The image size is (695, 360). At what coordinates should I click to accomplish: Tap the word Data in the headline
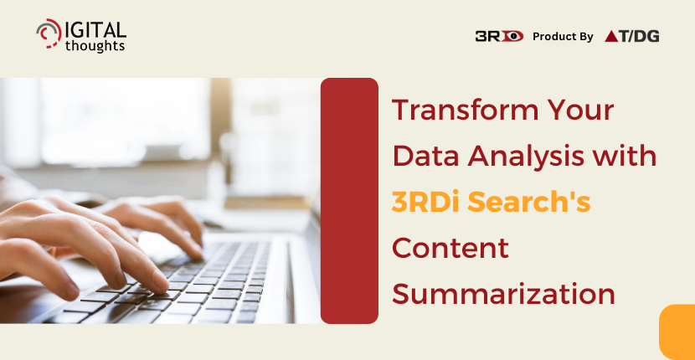[x=425, y=157]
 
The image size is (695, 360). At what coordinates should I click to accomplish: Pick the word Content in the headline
[x=450, y=249]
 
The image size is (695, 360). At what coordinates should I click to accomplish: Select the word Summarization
[x=503, y=295]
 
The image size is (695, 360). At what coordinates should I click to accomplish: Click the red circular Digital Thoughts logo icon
[x=49, y=33]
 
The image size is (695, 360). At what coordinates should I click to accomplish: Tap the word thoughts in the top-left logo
[x=95, y=45]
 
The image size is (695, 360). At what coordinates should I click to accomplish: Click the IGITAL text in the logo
[x=95, y=29]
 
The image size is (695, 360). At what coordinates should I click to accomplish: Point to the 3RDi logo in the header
[x=499, y=36]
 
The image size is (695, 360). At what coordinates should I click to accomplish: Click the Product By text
[x=563, y=37]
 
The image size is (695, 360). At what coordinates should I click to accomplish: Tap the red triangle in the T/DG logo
[x=611, y=37]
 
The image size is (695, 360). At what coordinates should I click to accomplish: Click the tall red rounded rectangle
[x=349, y=201]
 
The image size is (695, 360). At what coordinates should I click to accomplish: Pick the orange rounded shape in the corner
[x=677, y=332]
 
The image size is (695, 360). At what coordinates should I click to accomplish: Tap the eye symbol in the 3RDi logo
[x=512, y=36]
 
